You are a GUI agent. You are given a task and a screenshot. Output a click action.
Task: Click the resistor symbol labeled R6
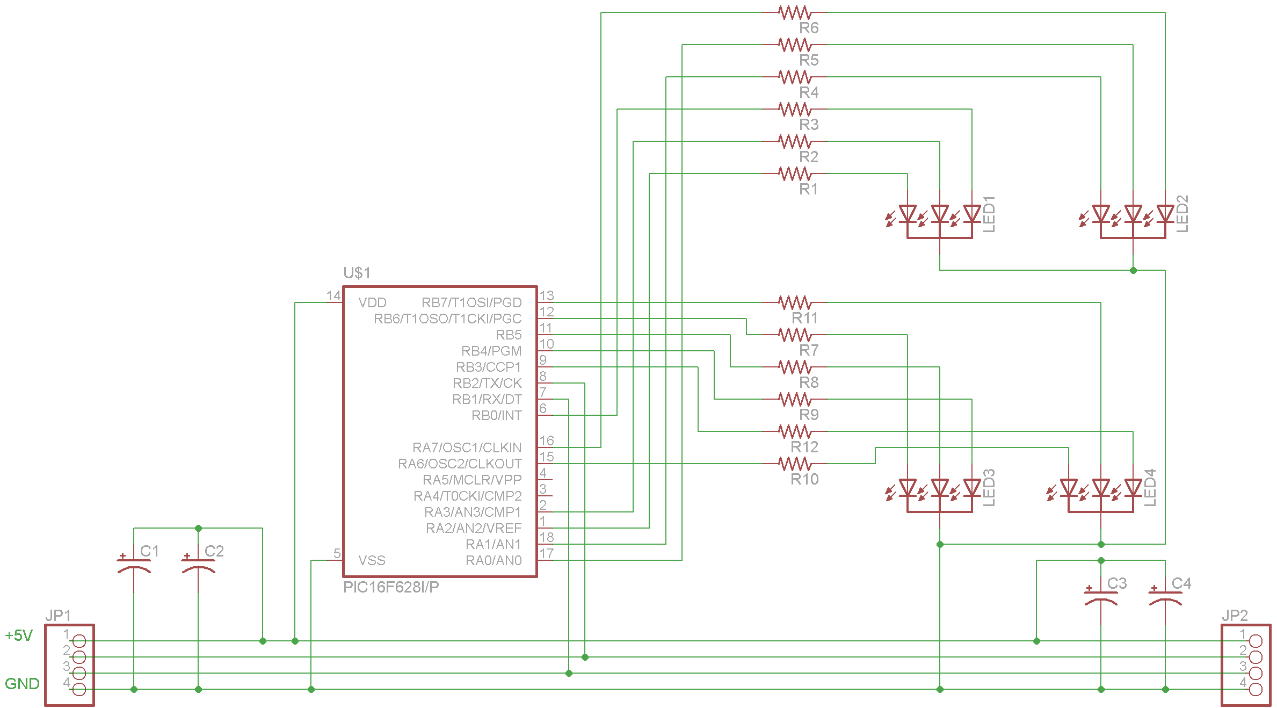point(795,12)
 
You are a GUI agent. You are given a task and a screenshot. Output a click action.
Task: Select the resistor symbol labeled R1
point(795,174)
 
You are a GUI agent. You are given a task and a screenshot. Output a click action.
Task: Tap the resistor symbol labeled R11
point(795,302)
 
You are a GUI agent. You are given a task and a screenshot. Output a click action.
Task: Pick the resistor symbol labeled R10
point(795,464)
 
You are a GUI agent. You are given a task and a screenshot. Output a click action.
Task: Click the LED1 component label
point(989,214)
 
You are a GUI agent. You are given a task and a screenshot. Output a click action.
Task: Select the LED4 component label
point(1150,488)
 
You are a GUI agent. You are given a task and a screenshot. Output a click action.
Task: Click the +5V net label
point(19,635)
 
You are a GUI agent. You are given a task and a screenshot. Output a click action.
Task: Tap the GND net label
point(22,684)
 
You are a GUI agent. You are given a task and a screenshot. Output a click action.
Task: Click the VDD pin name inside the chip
point(372,302)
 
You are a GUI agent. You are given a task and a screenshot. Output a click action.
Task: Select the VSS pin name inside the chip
point(372,560)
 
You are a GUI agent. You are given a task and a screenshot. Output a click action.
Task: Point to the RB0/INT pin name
point(497,415)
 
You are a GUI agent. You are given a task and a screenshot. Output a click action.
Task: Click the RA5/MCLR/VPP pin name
point(472,480)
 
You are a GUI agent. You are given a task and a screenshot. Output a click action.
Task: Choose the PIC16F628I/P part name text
point(391,587)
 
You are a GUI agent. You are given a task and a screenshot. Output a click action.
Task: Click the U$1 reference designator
point(357,273)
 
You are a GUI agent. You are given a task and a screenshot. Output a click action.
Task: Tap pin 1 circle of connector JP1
point(79,641)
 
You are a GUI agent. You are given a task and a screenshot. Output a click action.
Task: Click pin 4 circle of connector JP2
point(1256,689)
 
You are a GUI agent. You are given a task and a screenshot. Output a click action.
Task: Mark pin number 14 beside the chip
point(333,295)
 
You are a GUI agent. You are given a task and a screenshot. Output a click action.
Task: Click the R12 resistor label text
point(804,447)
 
